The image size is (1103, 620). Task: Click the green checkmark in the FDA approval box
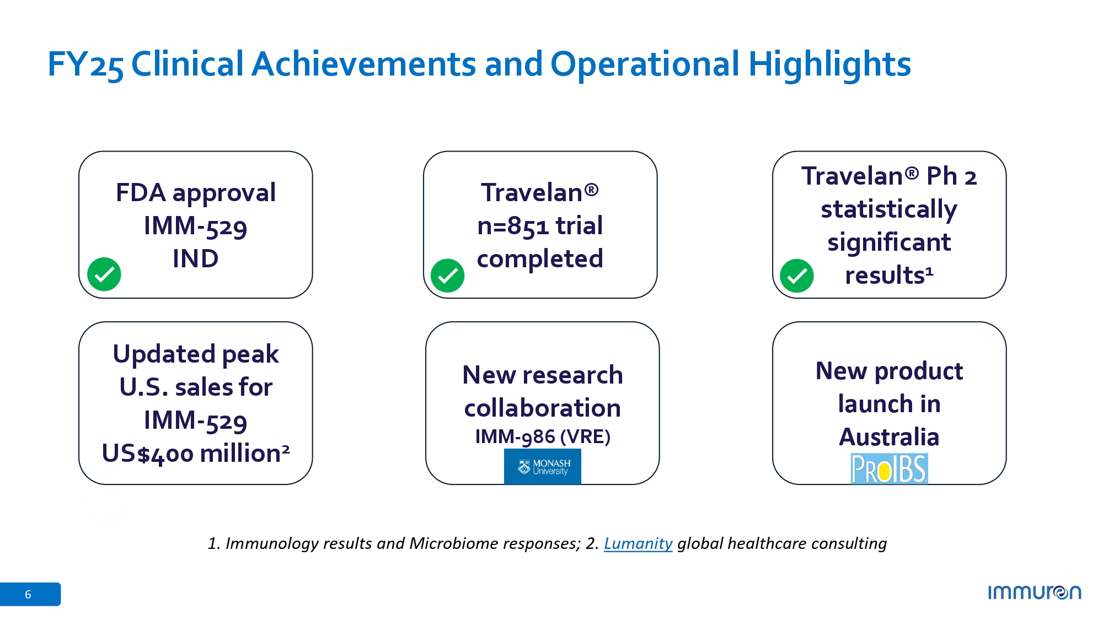click(x=104, y=274)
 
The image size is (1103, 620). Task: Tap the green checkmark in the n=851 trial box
click(x=447, y=276)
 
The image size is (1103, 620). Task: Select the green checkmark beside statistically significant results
click(x=797, y=276)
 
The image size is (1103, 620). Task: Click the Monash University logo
click(x=543, y=467)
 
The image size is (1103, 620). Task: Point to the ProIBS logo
click(x=889, y=468)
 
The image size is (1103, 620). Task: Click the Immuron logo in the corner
click(x=1035, y=592)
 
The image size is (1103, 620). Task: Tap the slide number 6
click(x=28, y=595)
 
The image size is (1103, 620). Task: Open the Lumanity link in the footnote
click(x=638, y=543)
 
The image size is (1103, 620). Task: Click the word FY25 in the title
click(x=85, y=64)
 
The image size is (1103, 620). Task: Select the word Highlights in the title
click(x=829, y=64)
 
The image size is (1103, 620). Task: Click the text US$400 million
click(x=196, y=454)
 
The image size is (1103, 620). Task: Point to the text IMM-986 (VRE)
click(x=543, y=436)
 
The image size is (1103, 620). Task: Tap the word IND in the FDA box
click(x=196, y=258)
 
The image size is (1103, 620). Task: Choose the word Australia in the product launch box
click(x=889, y=437)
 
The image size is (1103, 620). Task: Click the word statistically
click(x=889, y=210)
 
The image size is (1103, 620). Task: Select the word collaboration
click(x=543, y=408)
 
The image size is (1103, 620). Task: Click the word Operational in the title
click(x=645, y=64)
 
